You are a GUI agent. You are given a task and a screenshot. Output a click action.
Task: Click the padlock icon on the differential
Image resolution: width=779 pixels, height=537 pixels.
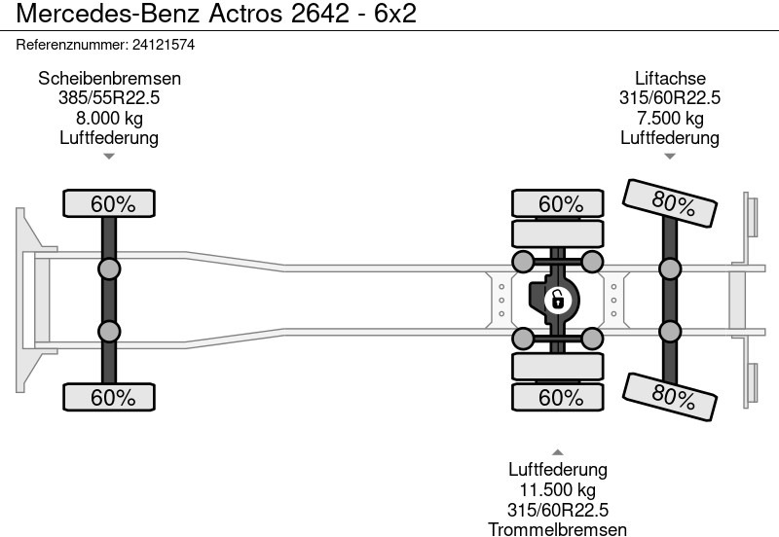[557, 299]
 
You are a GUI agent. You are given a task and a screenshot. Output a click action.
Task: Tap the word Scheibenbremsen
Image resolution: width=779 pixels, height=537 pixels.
[109, 79]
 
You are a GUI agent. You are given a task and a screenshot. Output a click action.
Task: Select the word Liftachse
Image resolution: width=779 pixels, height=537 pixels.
[670, 79]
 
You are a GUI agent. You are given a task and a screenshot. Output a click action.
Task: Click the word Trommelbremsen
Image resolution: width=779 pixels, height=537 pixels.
[558, 528]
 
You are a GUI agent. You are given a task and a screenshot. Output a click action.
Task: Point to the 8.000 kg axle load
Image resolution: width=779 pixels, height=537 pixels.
[109, 119]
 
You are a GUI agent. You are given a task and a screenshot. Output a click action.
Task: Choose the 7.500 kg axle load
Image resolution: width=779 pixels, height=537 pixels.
[670, 119]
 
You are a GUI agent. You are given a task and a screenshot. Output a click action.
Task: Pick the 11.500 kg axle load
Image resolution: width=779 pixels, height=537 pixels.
[558, 489]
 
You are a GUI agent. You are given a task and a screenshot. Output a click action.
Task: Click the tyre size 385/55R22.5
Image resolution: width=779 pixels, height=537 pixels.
[109, 98]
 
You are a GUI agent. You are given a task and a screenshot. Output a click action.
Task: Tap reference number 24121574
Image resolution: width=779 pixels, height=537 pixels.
[167, 45]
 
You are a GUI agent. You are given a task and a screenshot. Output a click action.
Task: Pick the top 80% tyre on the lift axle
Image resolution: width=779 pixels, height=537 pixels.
[671, 204]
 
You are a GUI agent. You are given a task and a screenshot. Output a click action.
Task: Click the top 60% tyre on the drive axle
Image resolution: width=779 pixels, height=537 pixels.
[560, 204]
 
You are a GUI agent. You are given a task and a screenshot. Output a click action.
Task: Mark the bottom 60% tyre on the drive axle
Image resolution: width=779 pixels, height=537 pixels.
[560, 397]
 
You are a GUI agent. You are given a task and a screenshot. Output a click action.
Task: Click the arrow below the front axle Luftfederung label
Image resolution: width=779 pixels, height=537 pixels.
[109, 156]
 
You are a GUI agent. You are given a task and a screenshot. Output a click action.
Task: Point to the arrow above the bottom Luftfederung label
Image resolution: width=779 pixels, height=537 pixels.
[558, 452]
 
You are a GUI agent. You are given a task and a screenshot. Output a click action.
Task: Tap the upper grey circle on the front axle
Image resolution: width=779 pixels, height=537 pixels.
[109, 269]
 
